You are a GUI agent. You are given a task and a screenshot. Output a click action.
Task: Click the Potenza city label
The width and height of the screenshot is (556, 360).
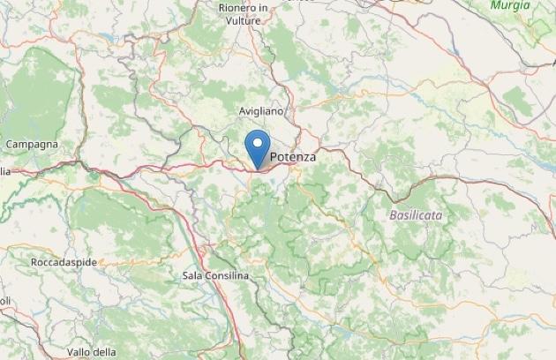[x=292, y=157]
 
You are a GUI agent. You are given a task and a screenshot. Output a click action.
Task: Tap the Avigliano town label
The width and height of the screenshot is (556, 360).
[x=262, y=112]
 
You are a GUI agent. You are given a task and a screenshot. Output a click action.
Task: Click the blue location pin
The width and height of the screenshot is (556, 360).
[x=258, y=146]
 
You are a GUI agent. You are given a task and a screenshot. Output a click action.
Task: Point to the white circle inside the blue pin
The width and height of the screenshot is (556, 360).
[x=258, y=143]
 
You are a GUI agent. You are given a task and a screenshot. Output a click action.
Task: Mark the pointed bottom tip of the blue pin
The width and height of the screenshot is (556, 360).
[x=258, y=169]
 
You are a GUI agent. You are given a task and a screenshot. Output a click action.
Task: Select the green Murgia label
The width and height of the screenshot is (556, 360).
[x=511, y=5]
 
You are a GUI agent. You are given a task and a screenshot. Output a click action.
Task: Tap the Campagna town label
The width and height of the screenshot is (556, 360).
[x=32, y=144]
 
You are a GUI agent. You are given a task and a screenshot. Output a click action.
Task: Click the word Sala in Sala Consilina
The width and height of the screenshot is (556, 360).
[x=193, y=276]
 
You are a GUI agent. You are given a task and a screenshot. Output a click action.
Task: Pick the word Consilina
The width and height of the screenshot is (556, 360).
[x=228, y=276]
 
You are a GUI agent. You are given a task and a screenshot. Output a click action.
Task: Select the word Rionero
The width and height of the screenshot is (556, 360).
[x=237, y=8]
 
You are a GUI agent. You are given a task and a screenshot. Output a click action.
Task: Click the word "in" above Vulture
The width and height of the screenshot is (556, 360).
[x=262, y=8]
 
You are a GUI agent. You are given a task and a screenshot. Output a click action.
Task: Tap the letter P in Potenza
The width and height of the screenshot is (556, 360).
[x=274, y=157]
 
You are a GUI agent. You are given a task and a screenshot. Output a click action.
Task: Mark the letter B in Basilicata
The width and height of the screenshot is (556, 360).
[x=393, y=214]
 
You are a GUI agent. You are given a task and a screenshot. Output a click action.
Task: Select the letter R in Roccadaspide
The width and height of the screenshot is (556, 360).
[x=34, y=263]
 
